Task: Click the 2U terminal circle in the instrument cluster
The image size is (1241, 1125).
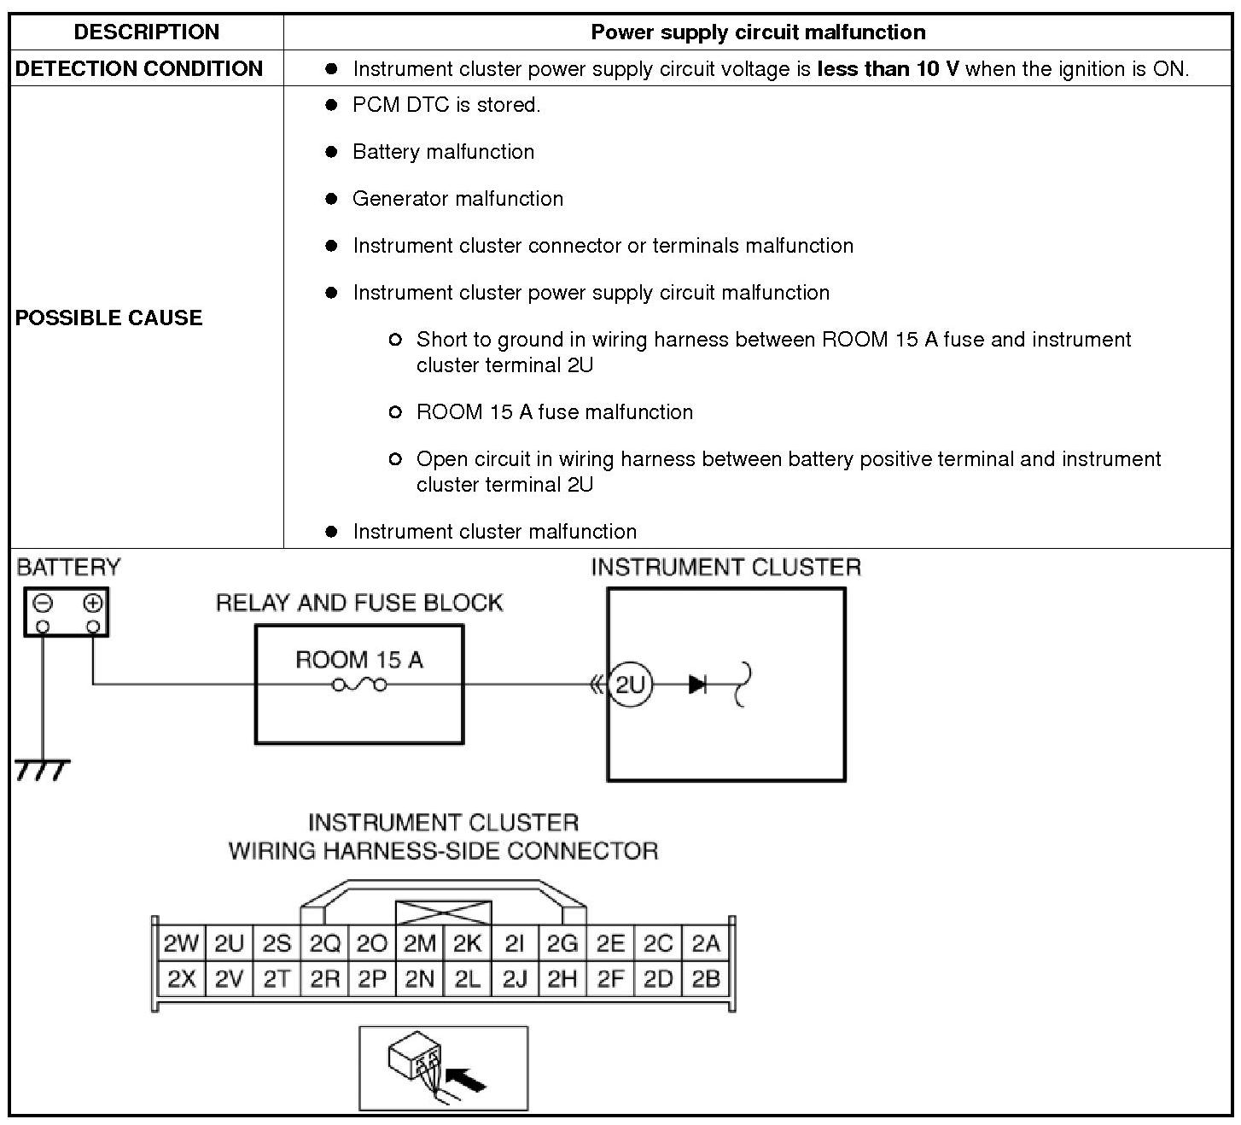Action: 630,685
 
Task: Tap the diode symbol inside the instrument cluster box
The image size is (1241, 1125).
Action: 697,685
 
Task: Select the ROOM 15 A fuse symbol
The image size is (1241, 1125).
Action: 358,685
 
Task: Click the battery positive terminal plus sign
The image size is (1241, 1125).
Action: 93,603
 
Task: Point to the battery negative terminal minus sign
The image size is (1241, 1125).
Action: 42,603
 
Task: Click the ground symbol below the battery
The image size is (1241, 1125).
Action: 42,769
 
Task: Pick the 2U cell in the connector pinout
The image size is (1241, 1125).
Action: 229,944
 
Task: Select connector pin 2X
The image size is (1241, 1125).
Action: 181,979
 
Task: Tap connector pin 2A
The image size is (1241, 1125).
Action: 706,944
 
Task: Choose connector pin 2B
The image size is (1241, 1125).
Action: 706,979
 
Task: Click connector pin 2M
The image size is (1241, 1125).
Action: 419,944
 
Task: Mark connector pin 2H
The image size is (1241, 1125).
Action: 562,979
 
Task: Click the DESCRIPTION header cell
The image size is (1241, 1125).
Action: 147,32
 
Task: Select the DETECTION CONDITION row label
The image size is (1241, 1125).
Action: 139,69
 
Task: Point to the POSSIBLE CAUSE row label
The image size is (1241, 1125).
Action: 109,318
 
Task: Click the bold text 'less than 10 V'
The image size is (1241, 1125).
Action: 888,69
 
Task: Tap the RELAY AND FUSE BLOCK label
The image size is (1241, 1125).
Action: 359,603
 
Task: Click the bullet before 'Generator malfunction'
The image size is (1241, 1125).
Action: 332,199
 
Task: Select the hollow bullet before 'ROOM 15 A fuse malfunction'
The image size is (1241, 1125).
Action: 395,412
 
